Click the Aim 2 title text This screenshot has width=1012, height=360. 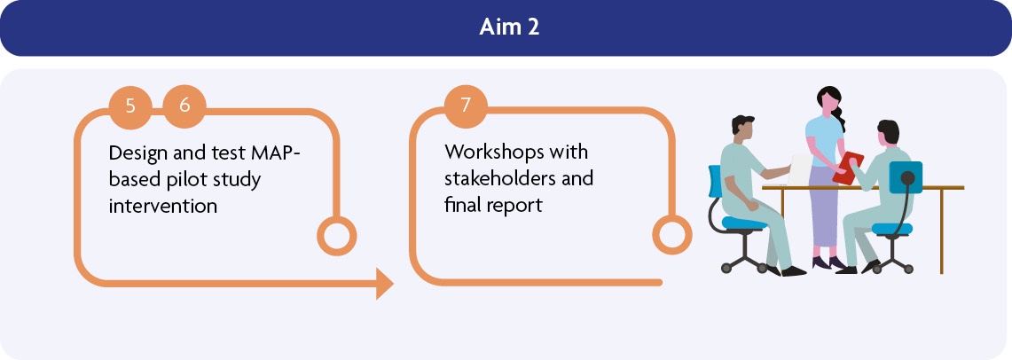509,27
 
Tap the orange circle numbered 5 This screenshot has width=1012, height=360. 130,106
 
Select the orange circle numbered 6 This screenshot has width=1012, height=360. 184,106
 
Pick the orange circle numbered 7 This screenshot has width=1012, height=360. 466,106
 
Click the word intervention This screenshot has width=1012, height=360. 162,206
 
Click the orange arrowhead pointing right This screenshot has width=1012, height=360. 385,283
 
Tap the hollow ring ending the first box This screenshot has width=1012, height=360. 336,236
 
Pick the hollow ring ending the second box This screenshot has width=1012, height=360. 672,235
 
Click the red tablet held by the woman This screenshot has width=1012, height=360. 847,168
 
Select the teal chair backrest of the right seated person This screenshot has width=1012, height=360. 905,177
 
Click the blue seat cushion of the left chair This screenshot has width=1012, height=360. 744,223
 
